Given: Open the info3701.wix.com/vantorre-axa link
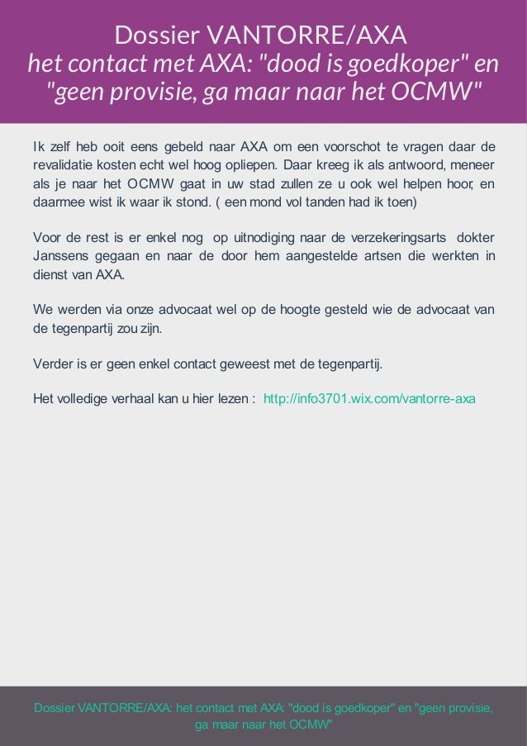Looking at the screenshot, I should pyautogui.click(x=369, y=399).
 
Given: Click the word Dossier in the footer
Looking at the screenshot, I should pyautogui.click(x=54, y=708).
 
